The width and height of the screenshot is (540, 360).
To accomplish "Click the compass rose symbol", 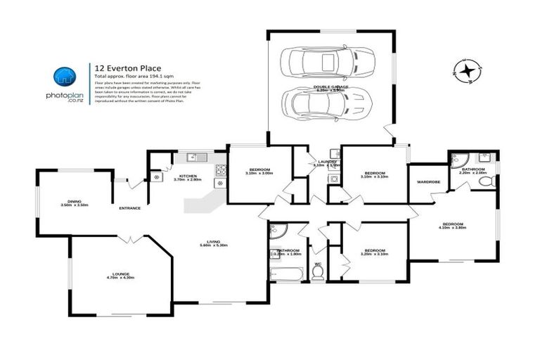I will point(465,70).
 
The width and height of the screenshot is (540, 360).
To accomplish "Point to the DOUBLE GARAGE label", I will point(330,87).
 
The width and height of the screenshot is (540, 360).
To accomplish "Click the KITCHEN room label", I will point(188,176).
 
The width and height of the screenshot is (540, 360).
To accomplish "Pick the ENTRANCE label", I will point(129,208).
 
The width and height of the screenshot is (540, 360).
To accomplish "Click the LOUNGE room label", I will point(120,274).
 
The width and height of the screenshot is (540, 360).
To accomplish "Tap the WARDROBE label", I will point(427,181).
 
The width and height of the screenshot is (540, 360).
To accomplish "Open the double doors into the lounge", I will point(127,240).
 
